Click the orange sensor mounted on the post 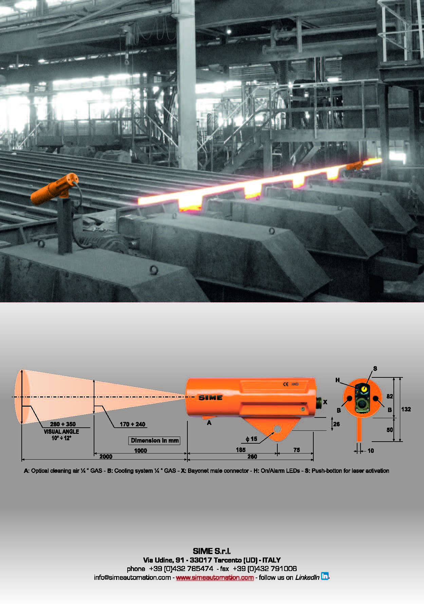click(x=54, y=189)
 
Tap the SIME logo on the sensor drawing click(x=210, y=397)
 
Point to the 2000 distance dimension click(x=106, y=457)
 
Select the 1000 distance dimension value click(x=141, y=450)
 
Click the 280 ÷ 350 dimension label click(x=63, y=424)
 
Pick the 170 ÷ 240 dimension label click(x=132, y=424)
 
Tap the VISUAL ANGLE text click(x=61, y=431)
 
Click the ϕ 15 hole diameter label click(x=252, y=439)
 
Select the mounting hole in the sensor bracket click(x=277, y=429)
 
